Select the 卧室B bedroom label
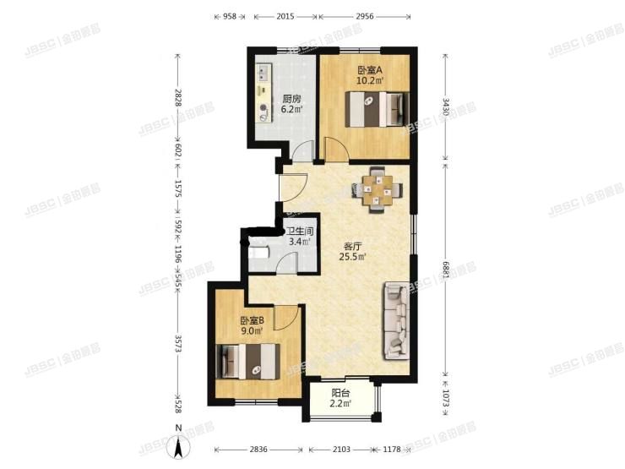(x=252, y=320)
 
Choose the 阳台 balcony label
(x=341, y=392)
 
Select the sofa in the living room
(x=396, y=319)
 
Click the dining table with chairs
(x=377, y=188)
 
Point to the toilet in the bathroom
(x=257, y=252)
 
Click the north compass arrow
(x=178, y=444)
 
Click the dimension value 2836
(x=262, y=449)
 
